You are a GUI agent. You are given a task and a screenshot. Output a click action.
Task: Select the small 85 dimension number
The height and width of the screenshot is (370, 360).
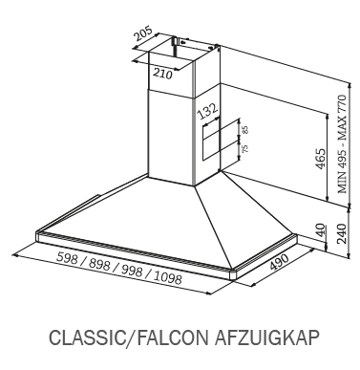pos(244,127)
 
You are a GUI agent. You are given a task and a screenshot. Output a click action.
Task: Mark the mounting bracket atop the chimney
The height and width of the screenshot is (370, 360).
pos(178,42)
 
